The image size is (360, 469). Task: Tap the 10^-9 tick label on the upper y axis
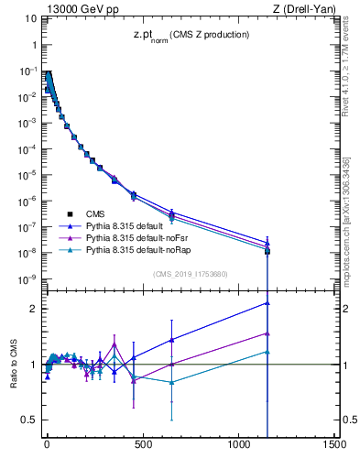coord(27,278)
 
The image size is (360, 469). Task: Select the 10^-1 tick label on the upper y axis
coord(27,71)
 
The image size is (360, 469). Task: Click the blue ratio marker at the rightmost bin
coord(267,302)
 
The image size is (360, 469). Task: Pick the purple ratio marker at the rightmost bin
coord(267,333)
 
